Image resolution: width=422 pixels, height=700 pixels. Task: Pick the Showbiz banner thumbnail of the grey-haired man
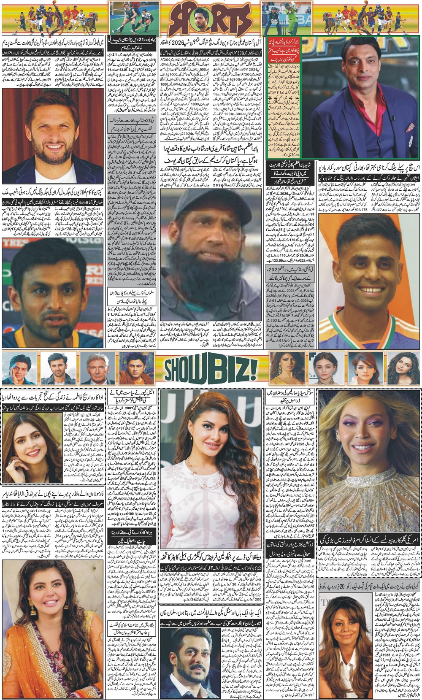click(x=95, y=368)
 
